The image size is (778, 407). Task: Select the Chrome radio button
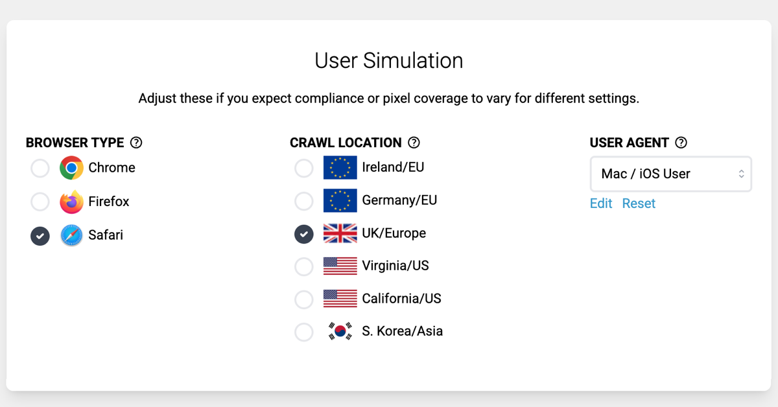(40, 169)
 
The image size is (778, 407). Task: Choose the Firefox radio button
(40, 202)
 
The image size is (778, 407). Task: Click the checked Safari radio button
(40, 236)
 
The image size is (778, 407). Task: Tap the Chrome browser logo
(71, 168)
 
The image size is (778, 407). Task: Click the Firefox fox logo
(71, 202)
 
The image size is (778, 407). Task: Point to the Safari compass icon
(71, 235)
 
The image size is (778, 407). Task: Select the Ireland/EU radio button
(304, 168)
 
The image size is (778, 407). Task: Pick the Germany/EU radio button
(304, 201)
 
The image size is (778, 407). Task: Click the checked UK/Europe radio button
(304, 234)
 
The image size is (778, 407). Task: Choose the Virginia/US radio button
(304, 266)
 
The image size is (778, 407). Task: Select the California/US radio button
(304, 299)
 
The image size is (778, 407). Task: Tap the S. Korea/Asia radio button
(304, 332)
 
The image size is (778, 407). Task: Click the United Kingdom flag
(340, 233)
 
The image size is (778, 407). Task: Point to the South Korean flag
(340, 331)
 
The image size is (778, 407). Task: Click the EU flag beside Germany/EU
(340, 200)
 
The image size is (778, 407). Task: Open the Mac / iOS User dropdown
(670, 174)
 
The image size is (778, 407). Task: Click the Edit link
(601, 203)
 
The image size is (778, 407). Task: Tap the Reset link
(639, 203)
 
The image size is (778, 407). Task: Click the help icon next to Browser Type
(136, 143)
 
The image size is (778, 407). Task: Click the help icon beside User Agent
(681, 143)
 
